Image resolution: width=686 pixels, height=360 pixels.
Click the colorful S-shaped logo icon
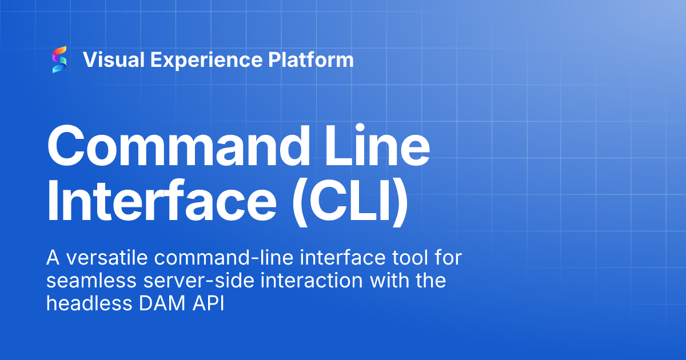[59, 59]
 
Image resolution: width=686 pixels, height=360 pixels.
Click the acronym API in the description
[211, 303]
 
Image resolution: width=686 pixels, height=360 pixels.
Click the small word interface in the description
[328, 259]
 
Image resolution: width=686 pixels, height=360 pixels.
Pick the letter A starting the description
[53, 259]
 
